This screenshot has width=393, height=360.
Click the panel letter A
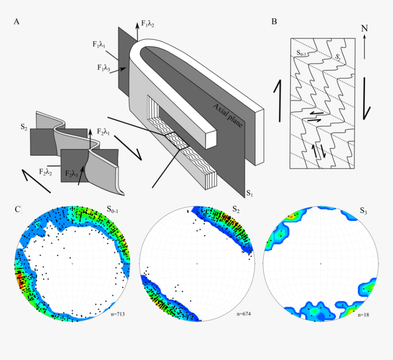(x=16, y=21)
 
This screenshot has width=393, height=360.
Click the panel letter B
(x=274, y=21)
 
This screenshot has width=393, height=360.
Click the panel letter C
(x=17, y=209)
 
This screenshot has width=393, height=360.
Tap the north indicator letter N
(x=364, y=28)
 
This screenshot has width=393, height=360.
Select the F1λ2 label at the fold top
(x=147, y=23)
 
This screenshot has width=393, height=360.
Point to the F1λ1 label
(x=99, y=45)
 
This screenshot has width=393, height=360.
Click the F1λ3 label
(x=104, y=67)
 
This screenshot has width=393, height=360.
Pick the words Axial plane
(x=227, y=116)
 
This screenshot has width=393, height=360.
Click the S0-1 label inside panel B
(x=301, y=54)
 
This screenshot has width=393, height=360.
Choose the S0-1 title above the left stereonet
(x=115, y=209)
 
